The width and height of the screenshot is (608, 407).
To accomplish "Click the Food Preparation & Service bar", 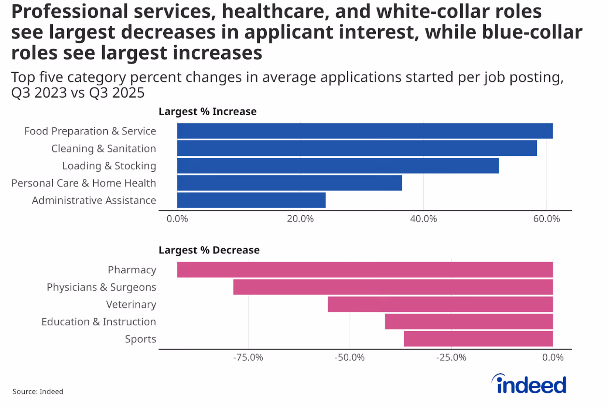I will [x=365, y=131].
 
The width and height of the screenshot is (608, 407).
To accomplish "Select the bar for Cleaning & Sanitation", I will [x=357, y=148].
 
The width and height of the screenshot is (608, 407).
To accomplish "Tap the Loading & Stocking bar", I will [x=338, y=166].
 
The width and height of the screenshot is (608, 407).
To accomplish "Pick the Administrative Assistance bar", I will [x=251, y=200].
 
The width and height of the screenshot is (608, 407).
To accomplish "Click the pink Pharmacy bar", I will [x=365, y=270].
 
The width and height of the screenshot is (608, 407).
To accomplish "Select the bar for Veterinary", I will [x=440, y=304].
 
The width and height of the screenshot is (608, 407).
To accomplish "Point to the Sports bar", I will [x=478, y=339].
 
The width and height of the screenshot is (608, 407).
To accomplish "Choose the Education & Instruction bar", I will [x=469, y=322].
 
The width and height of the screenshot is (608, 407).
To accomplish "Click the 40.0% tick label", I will [x=423, y=219].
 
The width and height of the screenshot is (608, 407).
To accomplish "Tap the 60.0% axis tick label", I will [x=546, y=219].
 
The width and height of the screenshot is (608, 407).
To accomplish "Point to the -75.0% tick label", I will [x=248, y=358].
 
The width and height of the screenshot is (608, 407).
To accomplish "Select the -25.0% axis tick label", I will [x=451, y=358].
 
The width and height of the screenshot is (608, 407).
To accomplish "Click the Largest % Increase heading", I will [x=208, y=112].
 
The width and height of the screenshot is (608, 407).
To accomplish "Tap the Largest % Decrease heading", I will [x=209, y=250].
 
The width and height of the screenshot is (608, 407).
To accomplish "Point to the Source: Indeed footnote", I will [x=38, y=391].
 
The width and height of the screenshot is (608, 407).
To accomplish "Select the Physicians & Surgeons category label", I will [x=101, y=287].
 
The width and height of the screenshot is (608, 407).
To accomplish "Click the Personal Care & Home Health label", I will [x=83, y=183].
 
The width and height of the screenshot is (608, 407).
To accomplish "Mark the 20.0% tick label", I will [x=300, y=219].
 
